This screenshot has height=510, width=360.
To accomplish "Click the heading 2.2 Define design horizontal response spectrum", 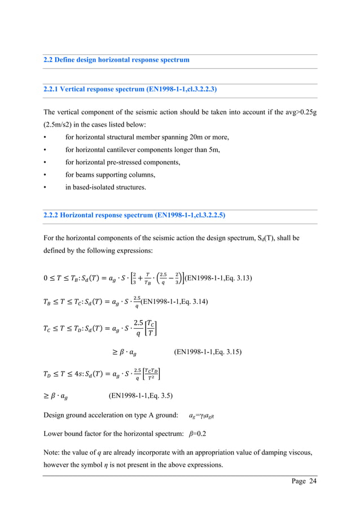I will (x=116, y=60).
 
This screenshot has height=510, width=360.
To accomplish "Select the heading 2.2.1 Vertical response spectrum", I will (x=130, y=89).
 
